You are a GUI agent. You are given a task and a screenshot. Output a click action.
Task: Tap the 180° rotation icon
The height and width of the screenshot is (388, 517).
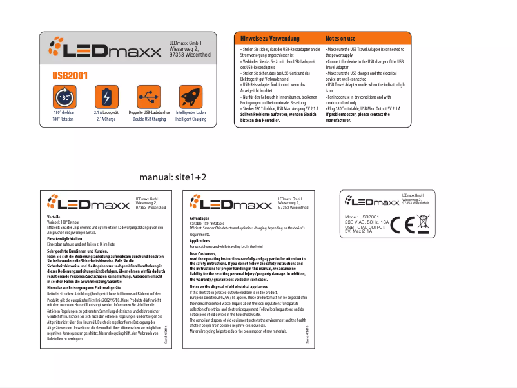64,97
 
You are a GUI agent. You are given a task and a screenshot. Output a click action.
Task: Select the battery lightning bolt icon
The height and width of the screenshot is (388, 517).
106,97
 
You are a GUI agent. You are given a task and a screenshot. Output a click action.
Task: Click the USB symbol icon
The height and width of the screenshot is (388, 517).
149,97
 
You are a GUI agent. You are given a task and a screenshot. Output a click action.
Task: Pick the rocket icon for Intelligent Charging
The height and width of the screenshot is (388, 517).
191,97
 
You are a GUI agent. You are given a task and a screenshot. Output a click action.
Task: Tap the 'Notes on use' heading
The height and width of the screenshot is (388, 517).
340,39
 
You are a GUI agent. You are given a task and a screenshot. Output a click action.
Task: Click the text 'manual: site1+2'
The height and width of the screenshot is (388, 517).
173,177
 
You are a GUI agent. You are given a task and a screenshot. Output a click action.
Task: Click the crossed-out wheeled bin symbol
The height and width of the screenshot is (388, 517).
423,222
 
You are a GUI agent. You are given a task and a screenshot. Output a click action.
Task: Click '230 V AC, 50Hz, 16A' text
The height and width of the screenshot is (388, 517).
367,222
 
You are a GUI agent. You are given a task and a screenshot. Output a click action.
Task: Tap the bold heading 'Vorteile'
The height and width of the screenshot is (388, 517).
54,217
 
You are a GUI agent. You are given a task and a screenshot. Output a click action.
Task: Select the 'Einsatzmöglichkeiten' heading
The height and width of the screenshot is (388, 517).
65,239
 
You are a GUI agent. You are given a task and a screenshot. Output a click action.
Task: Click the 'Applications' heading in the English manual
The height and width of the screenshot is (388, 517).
200,241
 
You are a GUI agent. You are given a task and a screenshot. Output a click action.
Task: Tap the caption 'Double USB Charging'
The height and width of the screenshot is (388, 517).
149,119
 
